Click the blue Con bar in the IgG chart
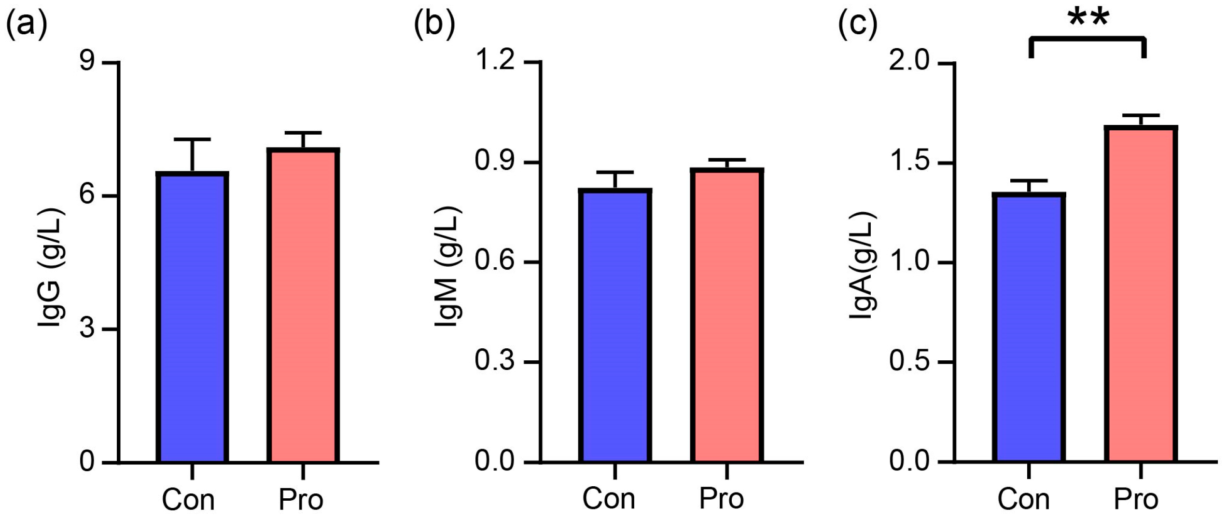tap(192, 318)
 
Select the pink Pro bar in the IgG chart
tap(303, 306)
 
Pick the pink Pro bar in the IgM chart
tap(726, 316)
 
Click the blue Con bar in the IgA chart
tap(1029, 328)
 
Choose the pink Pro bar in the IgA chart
tap(1141, 294)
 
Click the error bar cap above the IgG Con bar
tap(192, 139)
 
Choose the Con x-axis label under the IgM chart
tap(609, 499)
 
